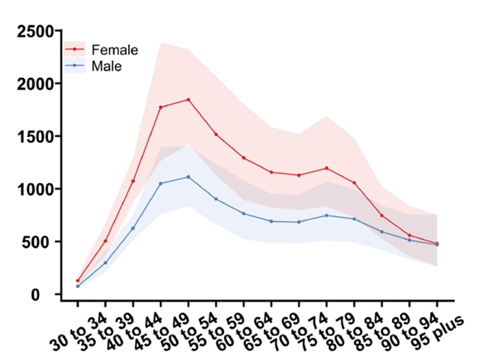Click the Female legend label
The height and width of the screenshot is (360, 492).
click(x=115, y=50)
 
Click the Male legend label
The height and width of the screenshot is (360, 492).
click(x=107, y=66)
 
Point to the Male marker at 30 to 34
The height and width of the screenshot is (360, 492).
click(x=78, y=286)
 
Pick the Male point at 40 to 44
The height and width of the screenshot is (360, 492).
click(x=133, y=228)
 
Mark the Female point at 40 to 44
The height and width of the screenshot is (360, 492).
click(x=133, y=181)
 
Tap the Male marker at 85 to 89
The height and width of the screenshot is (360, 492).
click(x=382, y=232)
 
